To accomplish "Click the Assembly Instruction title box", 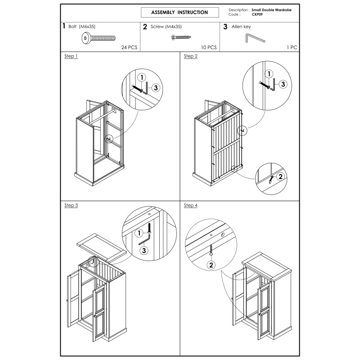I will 180,13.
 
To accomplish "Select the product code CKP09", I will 257,14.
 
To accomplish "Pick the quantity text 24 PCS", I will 129,47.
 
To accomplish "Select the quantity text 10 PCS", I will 209,47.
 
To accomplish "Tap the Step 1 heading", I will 71,56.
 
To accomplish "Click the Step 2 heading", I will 190,56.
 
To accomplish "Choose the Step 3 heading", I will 71,205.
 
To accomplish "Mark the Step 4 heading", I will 190,205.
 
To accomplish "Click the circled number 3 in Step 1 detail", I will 156,88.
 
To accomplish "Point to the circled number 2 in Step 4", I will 210,265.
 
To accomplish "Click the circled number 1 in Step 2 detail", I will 269,73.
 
